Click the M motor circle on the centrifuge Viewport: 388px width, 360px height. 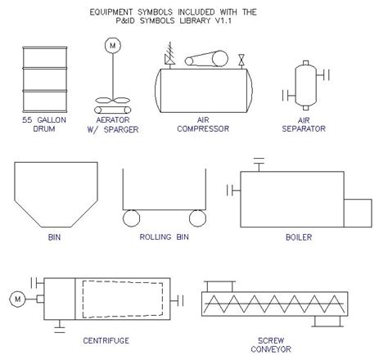[16, 300]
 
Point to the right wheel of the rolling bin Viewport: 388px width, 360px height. [196, 218]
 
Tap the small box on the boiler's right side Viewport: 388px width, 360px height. [358, 212]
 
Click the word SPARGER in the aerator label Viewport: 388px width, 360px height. [117, 128]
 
